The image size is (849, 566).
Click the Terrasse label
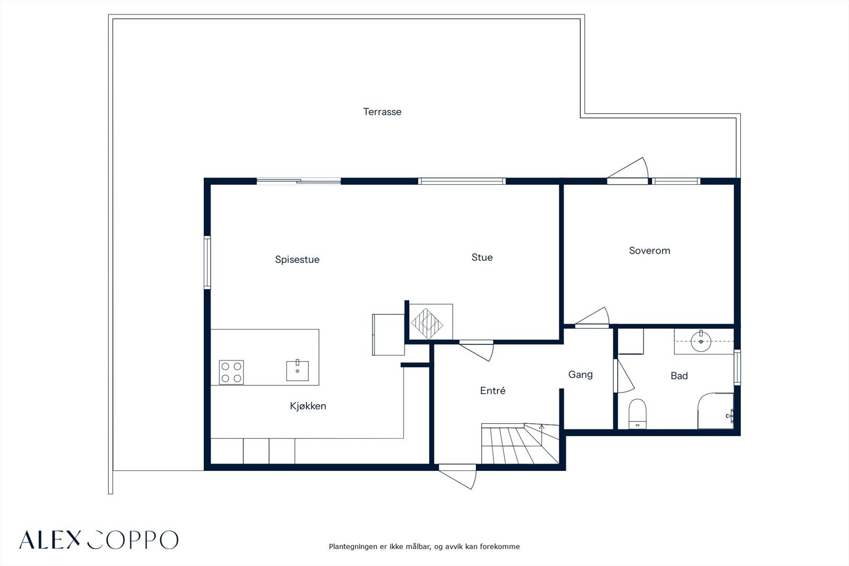pyautogui.click(x=382, y=112)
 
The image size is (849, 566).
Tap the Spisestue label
pyautogui.click(x=297, y=260)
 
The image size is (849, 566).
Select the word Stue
pyautogui.click(x=482, y=257)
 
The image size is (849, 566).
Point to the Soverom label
pyautogui.click(x=649, y=251)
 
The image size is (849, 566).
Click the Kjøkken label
pyautogui.click(x=308, y=406)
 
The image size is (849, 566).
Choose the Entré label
pyautogui.click(x=492, y=390)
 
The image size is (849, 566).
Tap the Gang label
pyautogui.click(x=581, y=375)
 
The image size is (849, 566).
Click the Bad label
pyautogui.click(x=679, y=375)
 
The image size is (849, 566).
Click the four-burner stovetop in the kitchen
pyautogui.click(x=231, y=372)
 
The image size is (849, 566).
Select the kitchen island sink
pyautogui.click(x=297, y=371)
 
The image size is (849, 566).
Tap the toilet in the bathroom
pyautogui.click(x=637, y=414)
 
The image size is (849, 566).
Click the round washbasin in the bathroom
pyautogui.click(x=701, y=341)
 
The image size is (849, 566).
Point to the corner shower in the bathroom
pyautogui.click(x=716, y=411)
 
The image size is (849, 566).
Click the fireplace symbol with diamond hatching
pyautogui.click(x=427, y=323)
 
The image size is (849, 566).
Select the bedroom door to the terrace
pyautogui.click(x=627, y=171)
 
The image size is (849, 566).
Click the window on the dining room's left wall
pyautogui.click(x=207, y=262)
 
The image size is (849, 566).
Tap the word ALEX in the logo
pyautogui.click(x=50, y=540)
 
